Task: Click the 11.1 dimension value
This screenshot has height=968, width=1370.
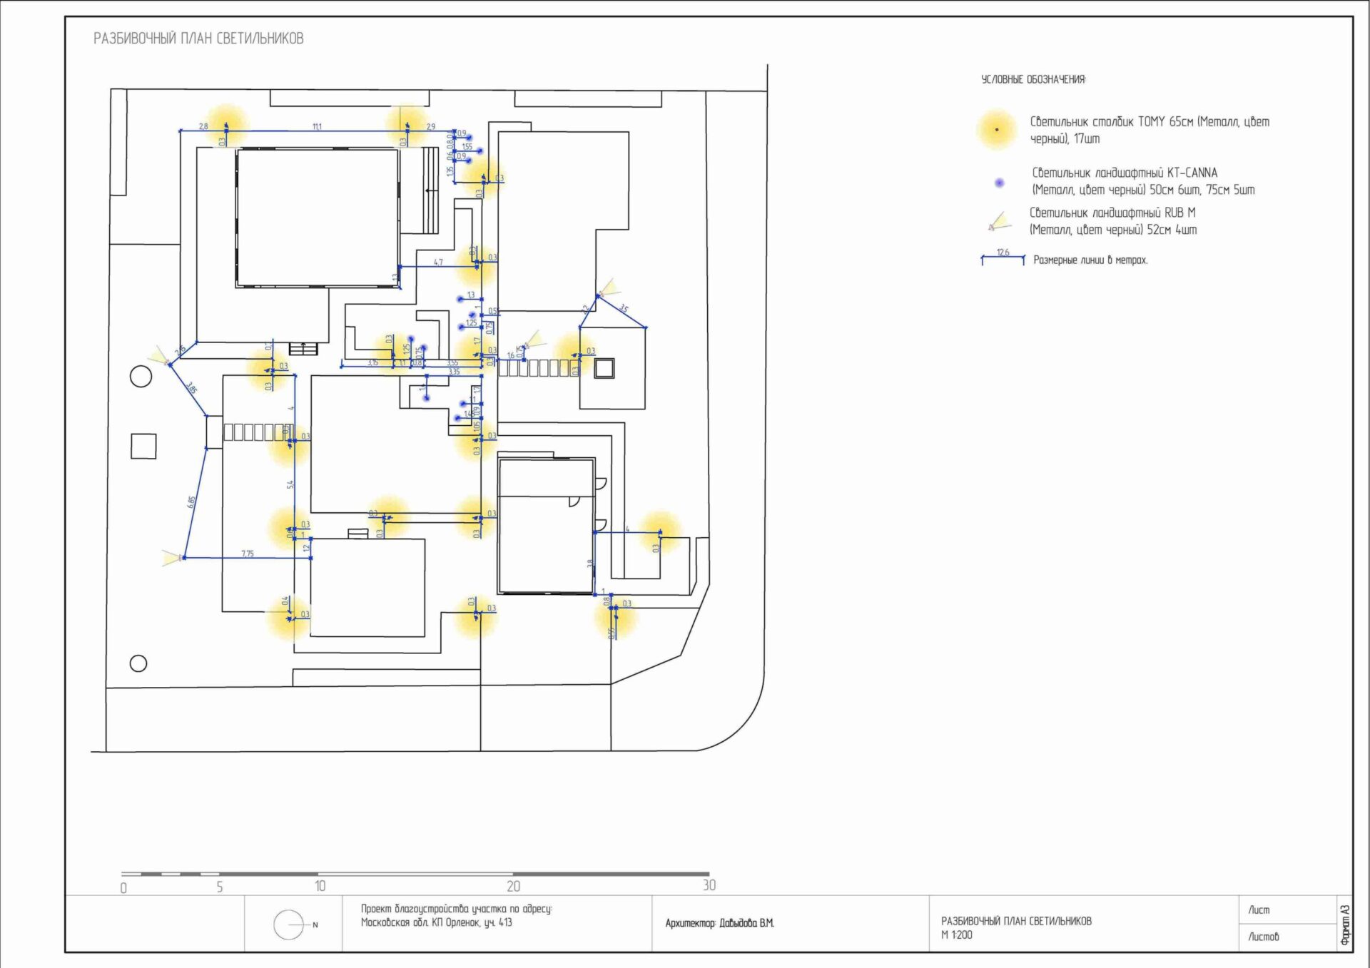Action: pos(317,126)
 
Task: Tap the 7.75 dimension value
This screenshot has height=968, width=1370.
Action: pos(247,554)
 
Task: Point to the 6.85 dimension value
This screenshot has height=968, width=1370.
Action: pos(191,502)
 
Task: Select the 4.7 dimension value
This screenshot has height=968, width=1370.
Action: pos(438,263)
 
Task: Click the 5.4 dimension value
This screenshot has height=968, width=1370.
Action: pos(290,484)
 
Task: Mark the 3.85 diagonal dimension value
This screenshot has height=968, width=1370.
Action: pos(191,389)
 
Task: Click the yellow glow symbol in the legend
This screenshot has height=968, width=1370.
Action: pos(996,130)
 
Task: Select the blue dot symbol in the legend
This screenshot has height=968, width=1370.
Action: pos(1000,183)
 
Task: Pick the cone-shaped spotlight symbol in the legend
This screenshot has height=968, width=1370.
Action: pos(998,222)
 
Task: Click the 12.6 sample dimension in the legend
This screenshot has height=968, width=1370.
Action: pos(1003,253)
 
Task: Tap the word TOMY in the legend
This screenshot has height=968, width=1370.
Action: pos(1151,122)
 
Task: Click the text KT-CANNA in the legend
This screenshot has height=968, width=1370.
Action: pos(1192,173)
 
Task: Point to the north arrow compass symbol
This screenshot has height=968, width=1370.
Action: pos(289,925)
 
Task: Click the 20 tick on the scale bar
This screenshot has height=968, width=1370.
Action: pos(513,886)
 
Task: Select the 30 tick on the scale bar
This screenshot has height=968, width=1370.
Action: pos(709,885)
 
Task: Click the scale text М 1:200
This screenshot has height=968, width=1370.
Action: pos(956,935)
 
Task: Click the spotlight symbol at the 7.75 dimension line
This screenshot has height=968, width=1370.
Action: pos(171,557)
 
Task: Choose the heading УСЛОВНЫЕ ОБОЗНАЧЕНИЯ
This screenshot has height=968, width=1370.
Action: pos(1033,79)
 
